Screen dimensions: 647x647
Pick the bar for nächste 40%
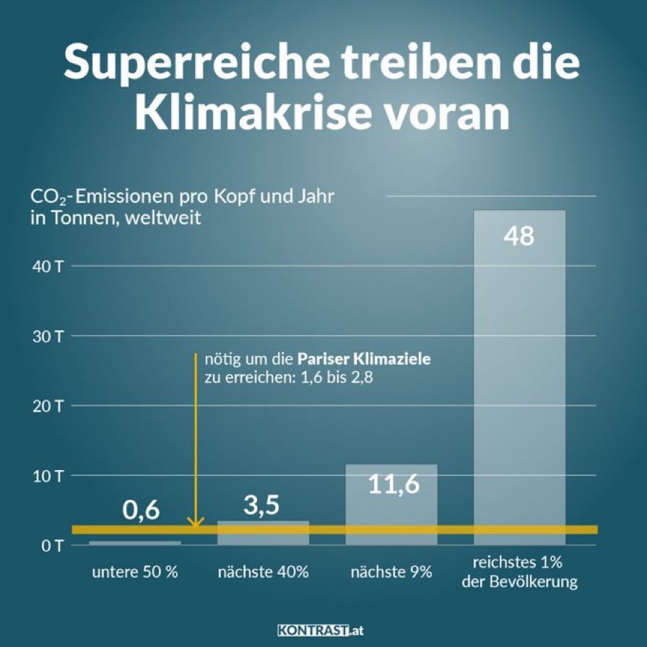[263, 532]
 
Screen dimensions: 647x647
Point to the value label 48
[519, 236]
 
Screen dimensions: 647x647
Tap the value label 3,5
[261, 505]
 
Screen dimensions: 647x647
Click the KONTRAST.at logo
[321, 630]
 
